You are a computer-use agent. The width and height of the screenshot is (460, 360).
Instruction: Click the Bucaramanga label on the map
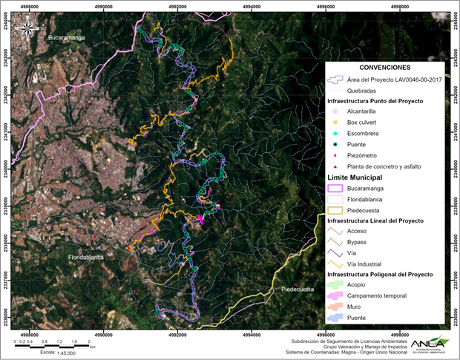[66, 36]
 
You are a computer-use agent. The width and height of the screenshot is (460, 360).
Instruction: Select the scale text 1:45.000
[54, 353]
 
